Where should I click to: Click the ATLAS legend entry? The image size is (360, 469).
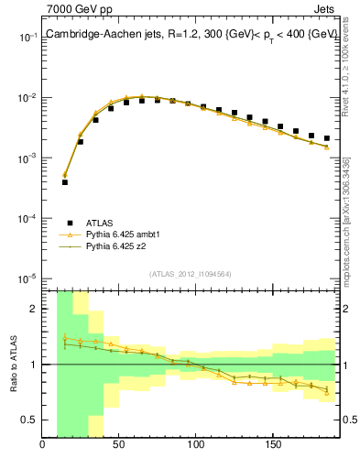[x=100, y=223]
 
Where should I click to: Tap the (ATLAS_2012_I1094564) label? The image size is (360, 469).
[x=190, y=271]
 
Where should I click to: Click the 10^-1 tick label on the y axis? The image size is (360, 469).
[x=27, y=38]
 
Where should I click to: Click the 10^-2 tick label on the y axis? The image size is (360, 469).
[x=27, y=98]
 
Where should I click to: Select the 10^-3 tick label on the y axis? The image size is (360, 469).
[x=27, y=158]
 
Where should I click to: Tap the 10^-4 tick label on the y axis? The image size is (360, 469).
[x=27, y=219]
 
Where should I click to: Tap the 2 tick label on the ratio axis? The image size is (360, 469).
[x=33, y=309]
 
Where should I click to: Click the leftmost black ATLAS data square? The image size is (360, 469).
[x=65, y=182]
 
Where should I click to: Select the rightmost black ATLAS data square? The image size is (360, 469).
[x=326, y=138]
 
